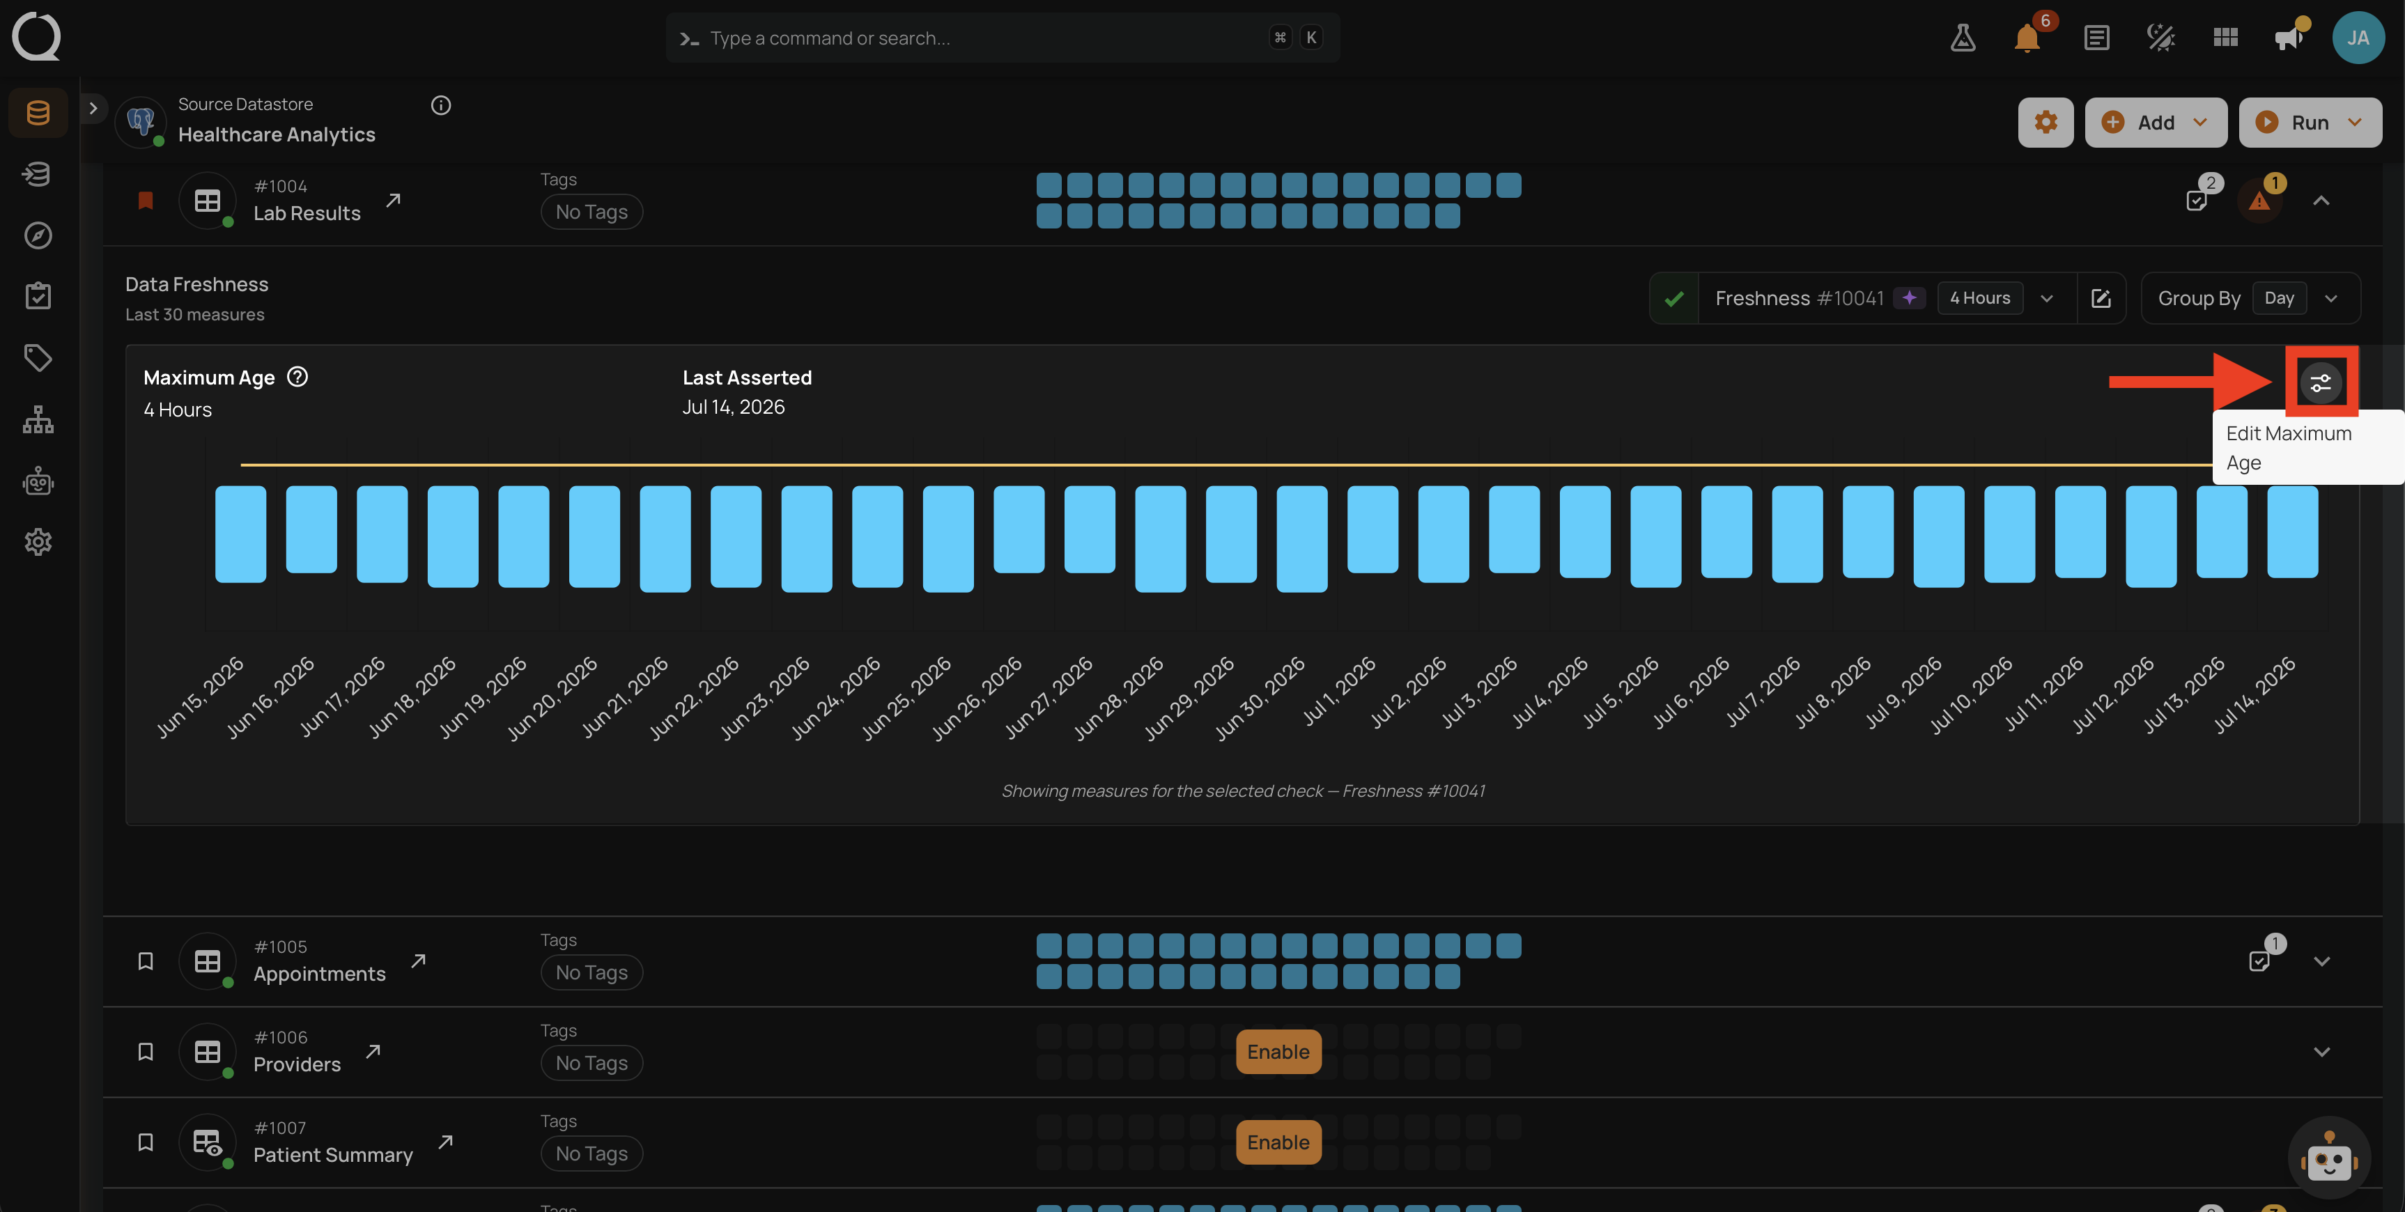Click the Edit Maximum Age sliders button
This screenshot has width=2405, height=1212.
pyautogui.click(x=2321, y=382)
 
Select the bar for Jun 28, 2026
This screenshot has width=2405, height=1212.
pyautogui.click(x=1161, y=538)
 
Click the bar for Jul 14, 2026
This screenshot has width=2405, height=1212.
pyautogui.click(x=2293, y=531)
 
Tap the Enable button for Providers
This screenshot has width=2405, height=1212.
pyautogui.click(x=1278, y=1051)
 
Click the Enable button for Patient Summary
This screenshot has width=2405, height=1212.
pyautogui.click(x=1278, y=1142)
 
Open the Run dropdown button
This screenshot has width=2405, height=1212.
pyautogui.click(x=2310, y=123)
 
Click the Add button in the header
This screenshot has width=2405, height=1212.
pyautogui.click(x=2156, y=123)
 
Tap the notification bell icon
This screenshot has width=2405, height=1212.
pyautogui.click(x=2027, y=38)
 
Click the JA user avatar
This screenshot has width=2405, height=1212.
pyautogui.click(x=2358, y=38)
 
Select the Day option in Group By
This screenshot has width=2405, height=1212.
pyautogui.click(x=2279, y=298)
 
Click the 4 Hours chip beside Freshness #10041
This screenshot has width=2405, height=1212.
pyautogui.click(x=1980, y=298)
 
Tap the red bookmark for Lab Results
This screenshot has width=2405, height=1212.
pyautogui.click(x=146, y=200)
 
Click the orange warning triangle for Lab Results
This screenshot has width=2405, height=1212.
pyautogui.click(x=2259, y=200)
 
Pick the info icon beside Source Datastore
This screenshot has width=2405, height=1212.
pyautogui.click(x=441, y=105)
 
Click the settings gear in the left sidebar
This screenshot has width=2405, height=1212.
pyautogui.click(x=38, y=542)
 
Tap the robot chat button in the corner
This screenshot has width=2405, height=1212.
pyautogui.click(x=2329, y=1157)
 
